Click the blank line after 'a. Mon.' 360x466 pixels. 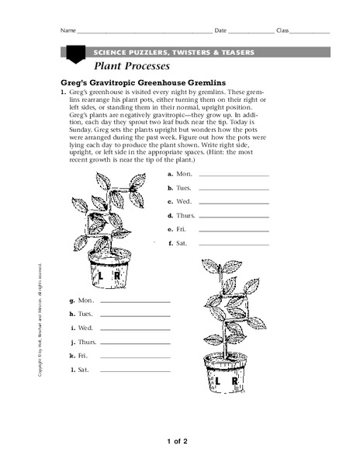click(234, 177)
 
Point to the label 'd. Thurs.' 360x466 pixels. click(180, 215)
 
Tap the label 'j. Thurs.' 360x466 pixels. click(82, 341)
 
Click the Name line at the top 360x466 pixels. click(144, 33)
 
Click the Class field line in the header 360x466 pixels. click(310, 33)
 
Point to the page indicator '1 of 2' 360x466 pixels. click(178, 442)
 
